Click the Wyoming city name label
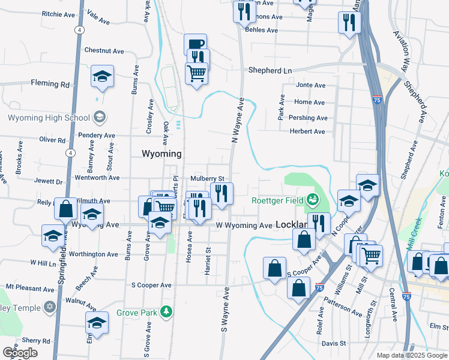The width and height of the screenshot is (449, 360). tap(161, 154)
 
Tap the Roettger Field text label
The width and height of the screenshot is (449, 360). tap(277, 200)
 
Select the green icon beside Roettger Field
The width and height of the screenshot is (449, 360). tap(312, 199)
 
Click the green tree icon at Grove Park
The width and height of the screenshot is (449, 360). tap(170, 311)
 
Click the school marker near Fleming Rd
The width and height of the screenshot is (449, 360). tap(103, 77)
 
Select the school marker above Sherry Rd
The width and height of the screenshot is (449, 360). tap(97, 323)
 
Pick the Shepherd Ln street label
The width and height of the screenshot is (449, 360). tap(270, 71)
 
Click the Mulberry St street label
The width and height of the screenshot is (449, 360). tap(207, 179)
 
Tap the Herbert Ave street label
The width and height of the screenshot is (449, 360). tap(307, 131)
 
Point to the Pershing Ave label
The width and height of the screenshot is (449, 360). tap(308, 118)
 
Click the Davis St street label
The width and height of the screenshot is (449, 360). tap(333, 344)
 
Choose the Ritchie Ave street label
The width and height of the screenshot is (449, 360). tap(59, 14)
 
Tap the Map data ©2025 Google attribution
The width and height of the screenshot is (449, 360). tap(412, 355)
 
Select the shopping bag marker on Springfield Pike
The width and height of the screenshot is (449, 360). tap(65, 209)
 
